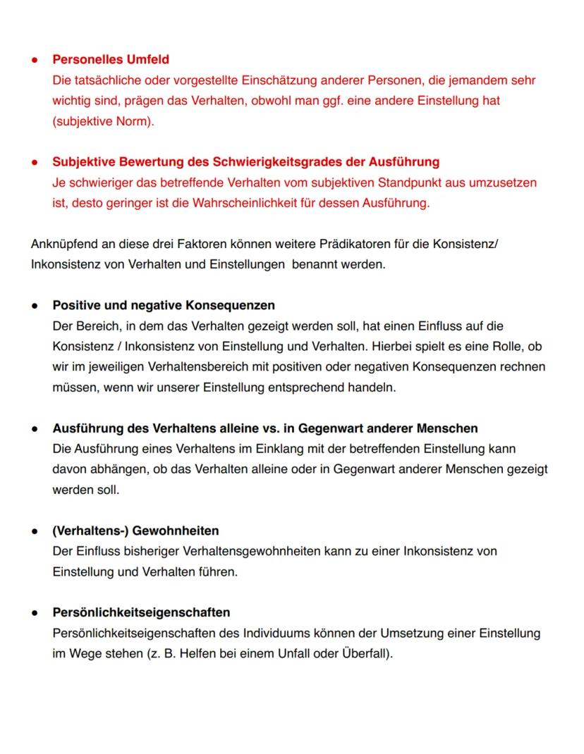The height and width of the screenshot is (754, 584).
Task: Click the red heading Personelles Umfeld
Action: [x=111, y=59]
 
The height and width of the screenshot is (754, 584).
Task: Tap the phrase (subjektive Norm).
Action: [x=103, y=121]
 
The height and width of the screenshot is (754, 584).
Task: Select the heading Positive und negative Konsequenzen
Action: [x=164, y=306]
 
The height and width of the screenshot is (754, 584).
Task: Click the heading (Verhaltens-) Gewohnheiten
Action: [x=135, y=531]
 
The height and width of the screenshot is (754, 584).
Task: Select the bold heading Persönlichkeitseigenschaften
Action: [x=141, y=612]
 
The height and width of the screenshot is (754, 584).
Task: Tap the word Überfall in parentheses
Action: [x=365, y=653]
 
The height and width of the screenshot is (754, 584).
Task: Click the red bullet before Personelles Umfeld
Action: [x=34, y=60]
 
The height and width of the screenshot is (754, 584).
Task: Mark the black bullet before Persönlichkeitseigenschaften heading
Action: [x=34, y=613]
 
